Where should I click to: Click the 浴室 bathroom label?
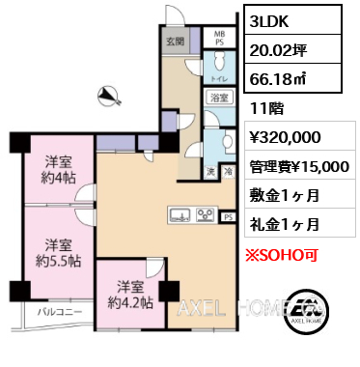219,98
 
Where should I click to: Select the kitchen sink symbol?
180,214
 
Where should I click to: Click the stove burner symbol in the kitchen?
205,214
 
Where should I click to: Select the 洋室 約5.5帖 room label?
52,253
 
